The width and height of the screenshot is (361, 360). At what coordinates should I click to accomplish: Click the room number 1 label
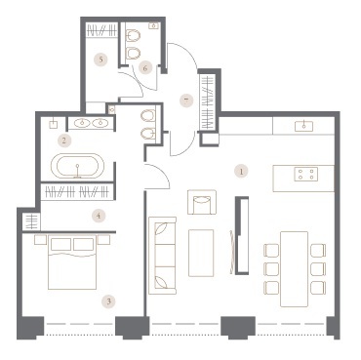[241, 172]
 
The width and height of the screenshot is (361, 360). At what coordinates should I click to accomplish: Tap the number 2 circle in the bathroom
[63, 140]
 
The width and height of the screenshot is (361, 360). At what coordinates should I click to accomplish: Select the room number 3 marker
[109, 301]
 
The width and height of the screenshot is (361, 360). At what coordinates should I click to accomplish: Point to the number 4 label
[99, 216]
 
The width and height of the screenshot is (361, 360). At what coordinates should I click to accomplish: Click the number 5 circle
[101, 60]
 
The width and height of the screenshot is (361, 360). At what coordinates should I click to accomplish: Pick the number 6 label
[145, 68]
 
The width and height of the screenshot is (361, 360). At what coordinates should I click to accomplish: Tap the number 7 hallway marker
[186, 100]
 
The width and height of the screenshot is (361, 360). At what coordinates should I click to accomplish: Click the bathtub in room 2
[78, 166]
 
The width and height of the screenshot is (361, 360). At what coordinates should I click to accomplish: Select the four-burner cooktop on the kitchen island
[305, 174]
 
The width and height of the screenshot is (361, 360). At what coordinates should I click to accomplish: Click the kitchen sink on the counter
[303, 126]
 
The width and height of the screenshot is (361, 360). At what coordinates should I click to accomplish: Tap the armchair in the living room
[202, 202]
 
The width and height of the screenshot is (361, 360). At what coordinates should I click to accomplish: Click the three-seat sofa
[162, 256]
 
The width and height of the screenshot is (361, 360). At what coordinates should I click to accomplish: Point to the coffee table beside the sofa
[201, 253]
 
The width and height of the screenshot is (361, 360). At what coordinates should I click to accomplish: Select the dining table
[294, 269]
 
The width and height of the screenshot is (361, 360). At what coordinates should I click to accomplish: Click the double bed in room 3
[72, 262]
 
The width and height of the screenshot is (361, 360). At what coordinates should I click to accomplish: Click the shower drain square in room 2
[54, 124]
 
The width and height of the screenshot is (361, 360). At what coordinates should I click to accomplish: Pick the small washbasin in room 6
[153, 26]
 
